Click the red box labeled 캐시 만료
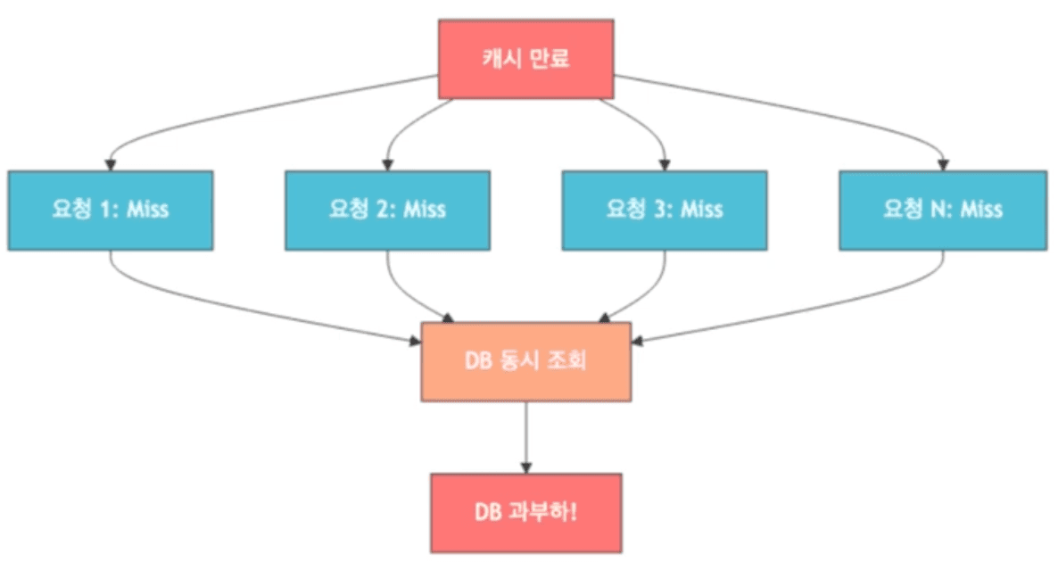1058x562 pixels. pyautogui.click(x=525, y=59)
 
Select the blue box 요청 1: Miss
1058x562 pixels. pyautogui.click(x=111, y=210)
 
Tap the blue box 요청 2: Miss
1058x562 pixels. pyautogui.click(x=387, y=210)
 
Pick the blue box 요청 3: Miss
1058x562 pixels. pyautogui.click(x=665, y=210)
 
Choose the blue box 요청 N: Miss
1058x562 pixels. pyautogui.click(x=941, y=210)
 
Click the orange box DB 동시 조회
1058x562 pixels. pyautogui.click(x=525, y=361)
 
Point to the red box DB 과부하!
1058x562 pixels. pyautogui.click(x=525, y=513)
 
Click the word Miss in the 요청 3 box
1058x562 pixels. pyautogui.click(x=700, y=210)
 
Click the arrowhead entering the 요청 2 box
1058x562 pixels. pyautogui.click(x=386, y=164)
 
